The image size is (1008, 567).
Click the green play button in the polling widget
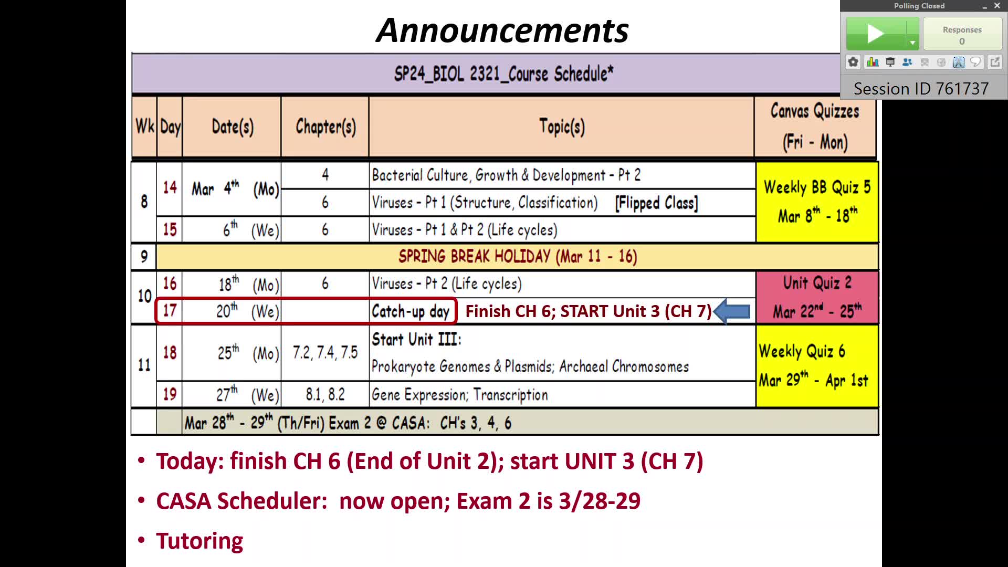(876, 34)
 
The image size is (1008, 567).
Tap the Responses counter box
(962, 34)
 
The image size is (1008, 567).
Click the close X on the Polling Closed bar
(997, 6)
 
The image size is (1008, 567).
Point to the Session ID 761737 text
(921, 89)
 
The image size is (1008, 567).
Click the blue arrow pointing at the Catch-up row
(731, 311)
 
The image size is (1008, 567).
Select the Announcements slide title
(502, 30)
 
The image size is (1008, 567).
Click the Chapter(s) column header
(325, 127)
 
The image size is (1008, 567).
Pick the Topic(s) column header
(562, 127)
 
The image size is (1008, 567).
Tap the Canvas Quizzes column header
(815, 127)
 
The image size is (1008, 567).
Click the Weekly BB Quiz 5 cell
(817, 202)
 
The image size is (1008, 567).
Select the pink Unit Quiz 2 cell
(817, 297)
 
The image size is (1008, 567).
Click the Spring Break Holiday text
(518, 256)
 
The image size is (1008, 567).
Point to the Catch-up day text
(411, 311)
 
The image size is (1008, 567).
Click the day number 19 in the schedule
(170, 394)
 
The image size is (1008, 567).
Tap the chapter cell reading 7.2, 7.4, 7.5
(325, 352)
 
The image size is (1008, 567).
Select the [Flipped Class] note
(657, 203)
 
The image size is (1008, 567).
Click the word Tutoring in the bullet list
(199, 541)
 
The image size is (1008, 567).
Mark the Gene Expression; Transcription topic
(460, 395)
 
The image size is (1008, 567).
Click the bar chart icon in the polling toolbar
(873, 62)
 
